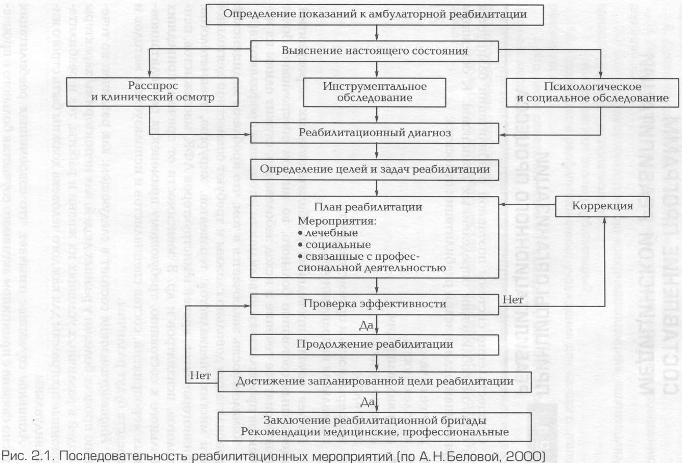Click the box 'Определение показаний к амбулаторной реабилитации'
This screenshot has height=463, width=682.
click(375, 15)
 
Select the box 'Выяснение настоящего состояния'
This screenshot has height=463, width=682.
click(375, 51)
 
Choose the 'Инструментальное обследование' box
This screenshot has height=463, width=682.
click(375, 91)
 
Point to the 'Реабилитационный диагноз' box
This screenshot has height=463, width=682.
click(375, 133)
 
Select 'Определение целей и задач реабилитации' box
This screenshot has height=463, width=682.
click(375, 169)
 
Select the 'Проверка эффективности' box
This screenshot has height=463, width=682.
click(375, 302)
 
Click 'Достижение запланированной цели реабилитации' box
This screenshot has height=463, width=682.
click(375, 381)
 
